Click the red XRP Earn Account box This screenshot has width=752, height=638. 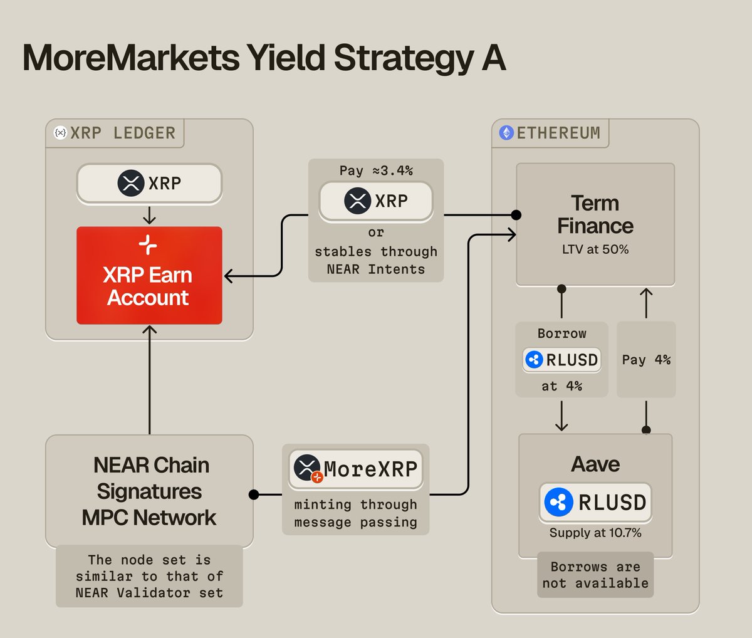point(149,276)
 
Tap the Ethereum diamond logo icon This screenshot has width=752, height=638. point(506,133)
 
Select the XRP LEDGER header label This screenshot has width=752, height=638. point(123,133)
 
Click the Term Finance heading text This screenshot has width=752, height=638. point(595,214)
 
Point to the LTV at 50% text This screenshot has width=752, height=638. point(595,249)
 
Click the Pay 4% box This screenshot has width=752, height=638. point(646,360)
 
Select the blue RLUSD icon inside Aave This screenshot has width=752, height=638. point(558,502)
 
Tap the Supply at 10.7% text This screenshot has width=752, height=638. point(595,533)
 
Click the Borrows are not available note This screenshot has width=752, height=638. point(595,575)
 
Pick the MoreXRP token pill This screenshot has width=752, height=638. point(355,469)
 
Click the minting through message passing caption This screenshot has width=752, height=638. point(355,513)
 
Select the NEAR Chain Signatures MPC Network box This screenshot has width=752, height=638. point(149,491)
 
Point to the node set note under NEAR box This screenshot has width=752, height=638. point(149,576)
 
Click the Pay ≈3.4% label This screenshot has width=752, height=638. point(375,170)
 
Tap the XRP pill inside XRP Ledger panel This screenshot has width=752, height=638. point(149,184)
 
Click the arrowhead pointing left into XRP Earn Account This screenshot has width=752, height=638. point(229,276)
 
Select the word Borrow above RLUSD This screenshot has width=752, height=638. point(561,333)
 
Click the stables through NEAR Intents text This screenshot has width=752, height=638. point(375,260)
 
